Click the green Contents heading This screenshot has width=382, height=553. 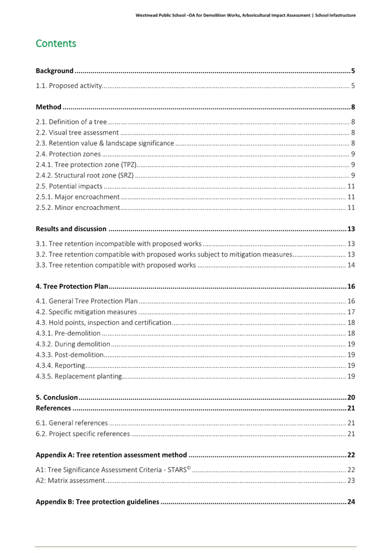pos(56,44)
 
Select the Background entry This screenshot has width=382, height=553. pos(55,71)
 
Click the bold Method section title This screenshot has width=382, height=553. pos(49,107)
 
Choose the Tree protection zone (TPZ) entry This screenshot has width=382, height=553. pos(86,165)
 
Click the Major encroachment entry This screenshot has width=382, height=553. pos(78,197)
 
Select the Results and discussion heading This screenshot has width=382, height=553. pos(71,228)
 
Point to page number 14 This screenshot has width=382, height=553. pos(351,265)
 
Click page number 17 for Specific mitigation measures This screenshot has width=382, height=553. pos(351,312)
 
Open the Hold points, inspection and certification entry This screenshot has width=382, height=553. pos(103,323)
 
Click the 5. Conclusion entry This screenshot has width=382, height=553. pos(56,397)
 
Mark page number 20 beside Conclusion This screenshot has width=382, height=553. pos(351,397)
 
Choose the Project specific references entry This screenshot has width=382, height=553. pos(83,433)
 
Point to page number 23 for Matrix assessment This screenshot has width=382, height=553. pos(351,480)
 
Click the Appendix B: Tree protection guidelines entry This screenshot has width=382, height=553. pos(97,502)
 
